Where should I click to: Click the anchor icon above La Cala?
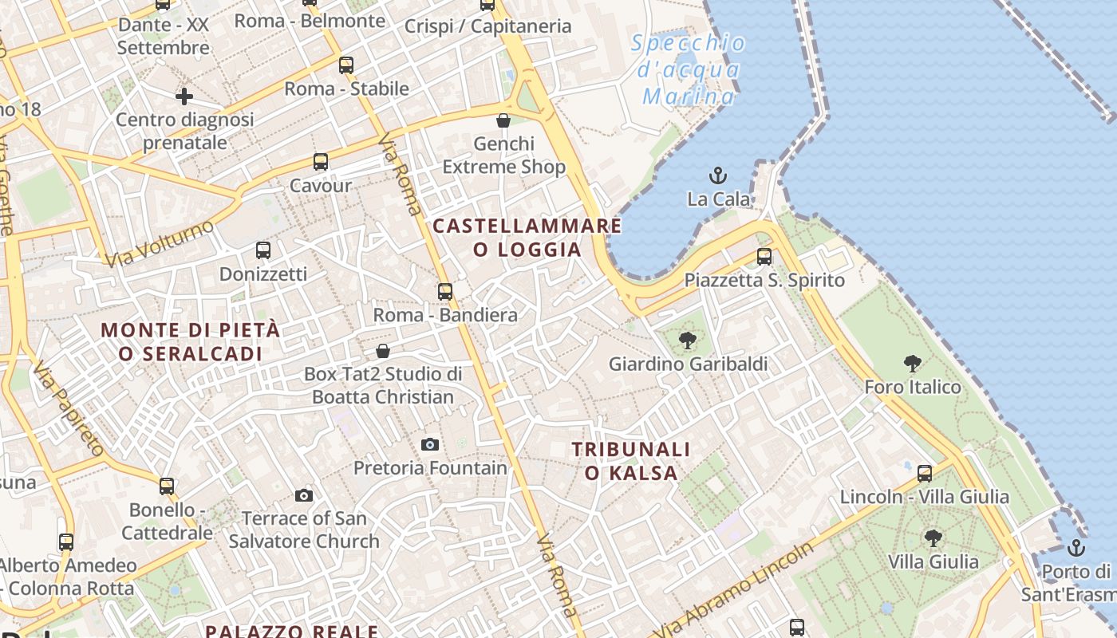point(718,175)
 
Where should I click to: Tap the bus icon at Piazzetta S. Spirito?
point(764,257)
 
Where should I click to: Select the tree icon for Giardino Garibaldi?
point(687,341)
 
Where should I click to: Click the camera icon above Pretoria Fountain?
point(430,444)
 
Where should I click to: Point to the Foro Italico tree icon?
point(913,364)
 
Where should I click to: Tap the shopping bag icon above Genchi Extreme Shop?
point(503,120)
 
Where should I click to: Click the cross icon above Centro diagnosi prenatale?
point(184,97)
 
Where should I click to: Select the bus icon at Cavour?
point(321,162)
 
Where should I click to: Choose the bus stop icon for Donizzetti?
point(263,250)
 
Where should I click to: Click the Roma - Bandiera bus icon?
point(445,292)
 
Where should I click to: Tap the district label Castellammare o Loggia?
point(527,238)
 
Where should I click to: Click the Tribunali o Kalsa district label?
point(630,461)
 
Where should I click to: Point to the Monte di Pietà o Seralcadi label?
point(191,341)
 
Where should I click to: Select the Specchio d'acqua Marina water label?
point(689,70)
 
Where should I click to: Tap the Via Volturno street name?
point(160,243)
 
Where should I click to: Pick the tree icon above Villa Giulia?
point(933,538)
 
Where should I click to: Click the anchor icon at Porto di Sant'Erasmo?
point(1076,548)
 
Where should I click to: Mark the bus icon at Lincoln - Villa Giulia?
point(925,474)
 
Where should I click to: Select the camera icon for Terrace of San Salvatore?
point(303,495)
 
